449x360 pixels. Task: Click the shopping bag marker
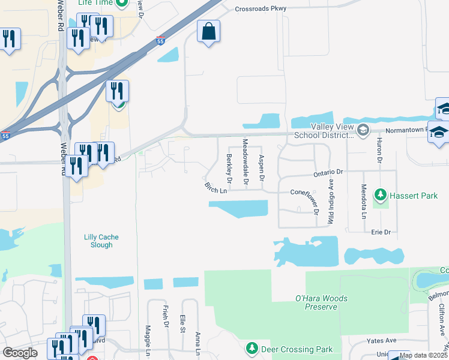[x=208, y=32]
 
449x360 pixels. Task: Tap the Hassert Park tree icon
[x=380, y=195]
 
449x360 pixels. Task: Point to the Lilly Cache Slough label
[x=98, y=241]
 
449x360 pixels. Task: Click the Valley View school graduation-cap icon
[x=363, y=130]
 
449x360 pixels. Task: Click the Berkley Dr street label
[x=229, y=168]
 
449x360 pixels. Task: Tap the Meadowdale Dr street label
[x=246, y=162]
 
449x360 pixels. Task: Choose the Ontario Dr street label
[x=327, y=172]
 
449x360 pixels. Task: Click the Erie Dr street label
[x=381, y=232]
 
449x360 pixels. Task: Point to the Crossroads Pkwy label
[x=261, y=9]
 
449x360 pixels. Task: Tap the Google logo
[x=20, y=352]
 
